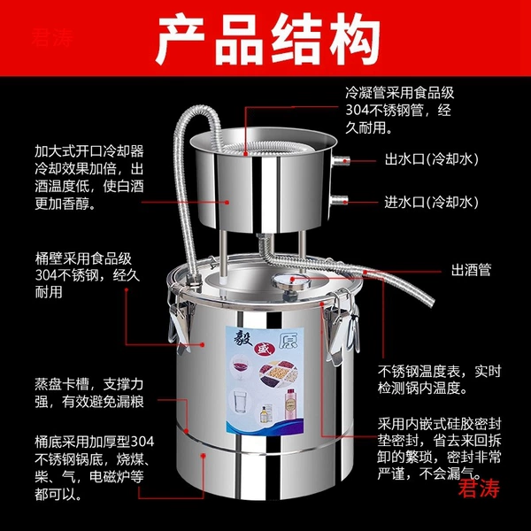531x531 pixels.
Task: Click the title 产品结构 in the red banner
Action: point(267,38)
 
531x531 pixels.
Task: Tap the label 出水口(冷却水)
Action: point(432,158)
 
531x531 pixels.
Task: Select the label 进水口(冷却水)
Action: point(432,202)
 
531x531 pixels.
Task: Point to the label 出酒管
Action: point(471,270)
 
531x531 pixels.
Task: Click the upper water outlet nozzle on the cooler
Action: point(340,160)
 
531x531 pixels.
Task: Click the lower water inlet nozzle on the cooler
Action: point(338,201)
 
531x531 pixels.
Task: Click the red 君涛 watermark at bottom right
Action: point(479,488)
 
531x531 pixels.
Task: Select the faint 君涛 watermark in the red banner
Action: point(52,37)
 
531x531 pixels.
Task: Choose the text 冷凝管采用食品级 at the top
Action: point(400,92)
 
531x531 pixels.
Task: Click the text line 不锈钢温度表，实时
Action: point(439,371)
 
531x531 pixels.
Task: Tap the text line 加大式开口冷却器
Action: point(89,151)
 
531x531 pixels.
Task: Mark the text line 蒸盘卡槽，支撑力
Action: point(89,384)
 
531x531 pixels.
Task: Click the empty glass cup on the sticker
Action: point(240,402)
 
